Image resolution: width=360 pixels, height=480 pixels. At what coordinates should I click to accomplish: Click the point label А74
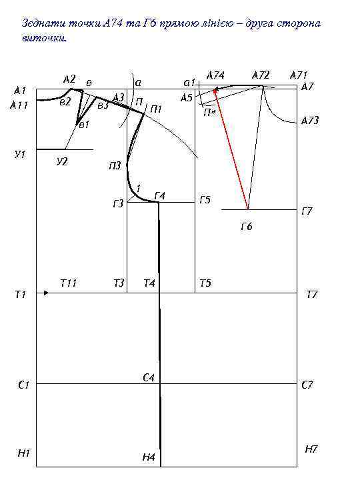click(x=215, y=75)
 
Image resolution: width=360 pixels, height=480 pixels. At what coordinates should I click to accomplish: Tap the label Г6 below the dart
click(x=247, y=227)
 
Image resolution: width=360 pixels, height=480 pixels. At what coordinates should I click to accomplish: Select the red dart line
click(x=231, y=149)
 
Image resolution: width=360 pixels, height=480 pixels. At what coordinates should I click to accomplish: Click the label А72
click(x=261, y=75)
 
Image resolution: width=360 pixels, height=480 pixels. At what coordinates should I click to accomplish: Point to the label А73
click(x=310, y=120)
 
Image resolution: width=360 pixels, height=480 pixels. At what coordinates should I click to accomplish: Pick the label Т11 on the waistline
click(x=68, y=283)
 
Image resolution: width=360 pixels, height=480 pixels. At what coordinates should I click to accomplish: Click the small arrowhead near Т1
click(x=46, y=293)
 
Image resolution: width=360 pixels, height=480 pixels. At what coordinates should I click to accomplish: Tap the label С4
click(x=149, y=378)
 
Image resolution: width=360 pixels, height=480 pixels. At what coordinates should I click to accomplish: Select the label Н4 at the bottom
click(x=149, y=457)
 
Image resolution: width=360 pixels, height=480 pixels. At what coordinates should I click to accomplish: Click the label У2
click(x=62, y=161)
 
